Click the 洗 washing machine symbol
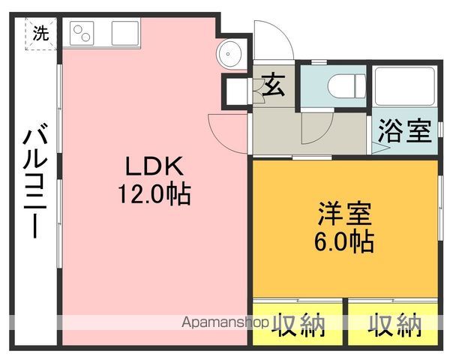(x=40, y=34)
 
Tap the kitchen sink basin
(x=125, y=33)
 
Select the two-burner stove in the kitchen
(x=82, y=33)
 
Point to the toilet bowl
(x=346, y=86)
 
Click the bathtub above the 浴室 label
(x=405, y=86)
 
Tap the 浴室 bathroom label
(x=405, y=131)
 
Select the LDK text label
(x=154, y=166)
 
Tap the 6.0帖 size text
(x=344, y=241)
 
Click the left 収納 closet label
(x=298, y=325)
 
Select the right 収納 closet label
(x=395, y=325)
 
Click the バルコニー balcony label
(x=35, y=180)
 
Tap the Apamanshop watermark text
(x=225, y=322)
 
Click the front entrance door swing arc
(x=281, y=31)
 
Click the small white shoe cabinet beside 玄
(x=237, y=91)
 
